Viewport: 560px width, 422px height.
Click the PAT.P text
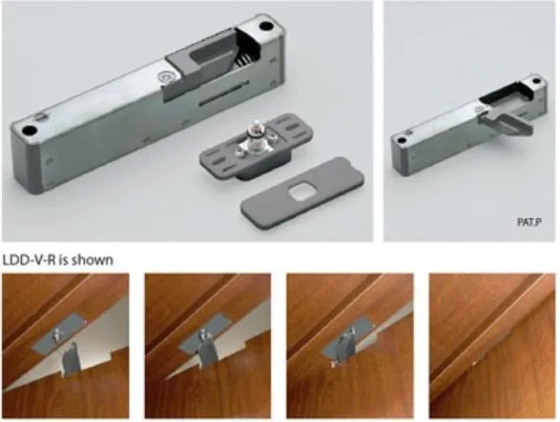[x=529, y=222]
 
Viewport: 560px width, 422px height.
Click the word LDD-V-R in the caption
[x=29, y=260]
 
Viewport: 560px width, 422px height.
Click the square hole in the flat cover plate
[x=301, y=191]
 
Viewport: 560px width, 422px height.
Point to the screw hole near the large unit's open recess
[x=265, y=26]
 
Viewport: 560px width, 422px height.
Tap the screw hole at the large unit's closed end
[x=28, y=131]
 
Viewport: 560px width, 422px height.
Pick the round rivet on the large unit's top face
[x=165, y=76]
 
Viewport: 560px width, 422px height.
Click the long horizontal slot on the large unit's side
[x=223, y=93]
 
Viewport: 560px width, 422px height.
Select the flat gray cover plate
[x=302, y=192]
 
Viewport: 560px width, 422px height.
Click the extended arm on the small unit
[x=507, y=122]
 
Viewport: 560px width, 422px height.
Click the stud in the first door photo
[x=56, y=334]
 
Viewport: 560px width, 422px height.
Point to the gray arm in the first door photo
[x=72, y=359]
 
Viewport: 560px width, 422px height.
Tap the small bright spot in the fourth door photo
[x=474, y=363]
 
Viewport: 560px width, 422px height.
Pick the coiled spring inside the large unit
[x=243, y=61]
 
